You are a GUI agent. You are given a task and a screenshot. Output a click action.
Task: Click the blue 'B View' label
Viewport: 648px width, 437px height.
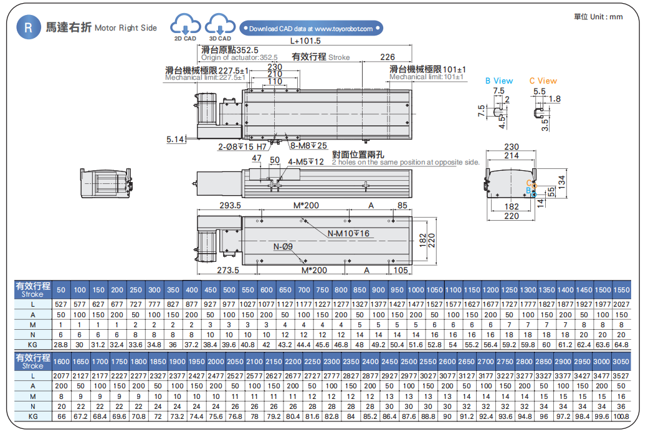[x=499, y=80]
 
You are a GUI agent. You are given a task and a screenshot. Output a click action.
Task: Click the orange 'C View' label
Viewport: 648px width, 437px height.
[x=543, y=80]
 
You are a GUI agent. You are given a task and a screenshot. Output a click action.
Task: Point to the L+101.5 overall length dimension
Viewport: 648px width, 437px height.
[x=305, y=41]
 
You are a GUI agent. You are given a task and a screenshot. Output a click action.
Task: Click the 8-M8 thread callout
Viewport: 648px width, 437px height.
[x=309, y=146]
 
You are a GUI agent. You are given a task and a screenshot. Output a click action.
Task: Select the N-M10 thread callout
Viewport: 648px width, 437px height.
[x=349, y=234]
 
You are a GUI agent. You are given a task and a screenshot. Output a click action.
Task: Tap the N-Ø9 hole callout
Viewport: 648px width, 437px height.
[x=283, y=247]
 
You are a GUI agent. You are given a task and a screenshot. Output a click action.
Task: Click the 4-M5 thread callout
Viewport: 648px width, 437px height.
[x=306, y=162]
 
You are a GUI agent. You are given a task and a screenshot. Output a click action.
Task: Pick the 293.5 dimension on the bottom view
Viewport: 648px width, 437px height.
[x=230, y=206]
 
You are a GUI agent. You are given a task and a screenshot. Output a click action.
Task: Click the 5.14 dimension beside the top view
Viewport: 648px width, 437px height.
[x=175, y=139]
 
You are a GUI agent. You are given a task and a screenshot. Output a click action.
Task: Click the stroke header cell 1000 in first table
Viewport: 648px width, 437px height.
[x=416, y=290]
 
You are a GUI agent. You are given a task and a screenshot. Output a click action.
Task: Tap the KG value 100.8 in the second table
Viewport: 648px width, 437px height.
[x=621, y=416]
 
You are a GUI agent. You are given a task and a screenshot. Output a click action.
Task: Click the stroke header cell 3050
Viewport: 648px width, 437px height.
[x=621, y=362]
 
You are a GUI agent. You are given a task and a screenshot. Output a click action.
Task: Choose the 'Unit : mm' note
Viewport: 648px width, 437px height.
[x=598, y=17]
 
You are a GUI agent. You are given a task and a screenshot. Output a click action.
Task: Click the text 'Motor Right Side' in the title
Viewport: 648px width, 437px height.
[x=126, y=28]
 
